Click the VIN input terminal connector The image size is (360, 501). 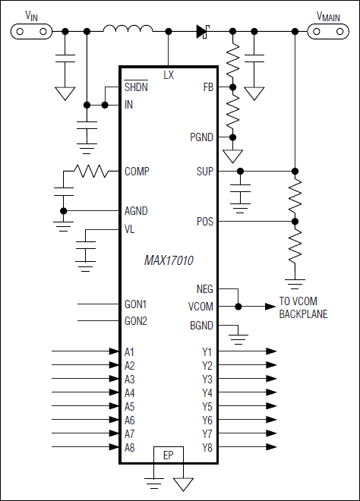click(x=31, y=31)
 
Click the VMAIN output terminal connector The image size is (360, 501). click(x=328, y=31)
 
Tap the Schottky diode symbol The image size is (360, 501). click(x=203, y=31)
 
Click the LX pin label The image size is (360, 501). click(x=169, y=75)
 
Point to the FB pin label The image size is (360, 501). click(x=207, y=87)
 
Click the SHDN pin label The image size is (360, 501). click(x=136, y=87)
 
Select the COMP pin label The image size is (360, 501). click(x=137, y=172)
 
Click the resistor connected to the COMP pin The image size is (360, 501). click(x=90, y=172)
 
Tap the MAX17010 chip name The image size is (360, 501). click(x=169, y=260)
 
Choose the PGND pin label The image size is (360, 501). click(x=201, y=137)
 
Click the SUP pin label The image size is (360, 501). click(x=205, y=172)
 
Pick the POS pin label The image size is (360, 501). click(x=205, y=222)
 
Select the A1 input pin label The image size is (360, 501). click(x=130, y=352)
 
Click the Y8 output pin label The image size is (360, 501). click(x=207, y=448)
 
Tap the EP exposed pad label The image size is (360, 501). click(x=169, y=455)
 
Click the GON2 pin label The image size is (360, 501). click(x=136, y=321)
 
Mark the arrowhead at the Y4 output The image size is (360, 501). click(x=271, y=393)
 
